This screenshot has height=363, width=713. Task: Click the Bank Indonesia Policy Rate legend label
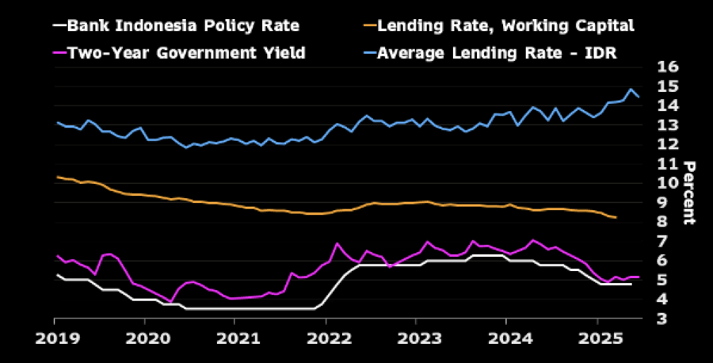[183, 25]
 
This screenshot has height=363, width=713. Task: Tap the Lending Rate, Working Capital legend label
[505, 25]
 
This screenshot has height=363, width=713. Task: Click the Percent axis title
[688, 193]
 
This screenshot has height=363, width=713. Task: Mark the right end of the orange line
[616, 217]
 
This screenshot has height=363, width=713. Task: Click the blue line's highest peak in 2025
[631, 89]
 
